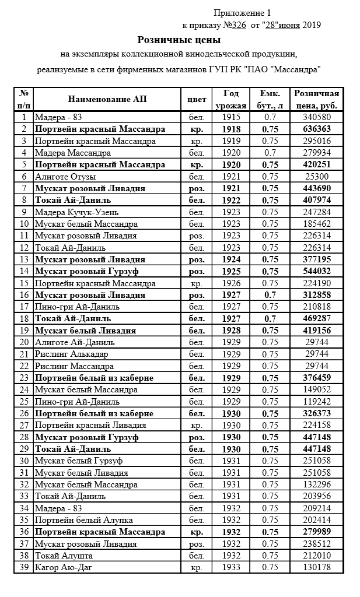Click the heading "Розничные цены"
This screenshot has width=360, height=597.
(179, 40)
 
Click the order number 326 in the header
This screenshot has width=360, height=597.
(238, 25)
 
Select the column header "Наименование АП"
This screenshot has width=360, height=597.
(107, 99)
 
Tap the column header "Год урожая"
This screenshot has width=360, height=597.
(231, 99)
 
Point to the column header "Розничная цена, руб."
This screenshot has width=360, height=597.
(317, 99)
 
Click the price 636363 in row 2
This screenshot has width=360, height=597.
(317, 129)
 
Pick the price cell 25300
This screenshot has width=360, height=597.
(317, 176)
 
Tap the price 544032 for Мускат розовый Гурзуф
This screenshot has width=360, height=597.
(317, 271)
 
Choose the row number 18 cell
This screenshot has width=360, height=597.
(24, 318)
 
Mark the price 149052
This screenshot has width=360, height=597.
(317, 389)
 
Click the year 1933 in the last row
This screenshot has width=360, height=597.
(231, 567)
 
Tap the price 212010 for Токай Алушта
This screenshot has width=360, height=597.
(317, 555)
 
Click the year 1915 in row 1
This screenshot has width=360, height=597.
(231, 117)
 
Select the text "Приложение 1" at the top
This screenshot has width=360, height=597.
(242, 12)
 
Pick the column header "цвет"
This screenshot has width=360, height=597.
(197, 99)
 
